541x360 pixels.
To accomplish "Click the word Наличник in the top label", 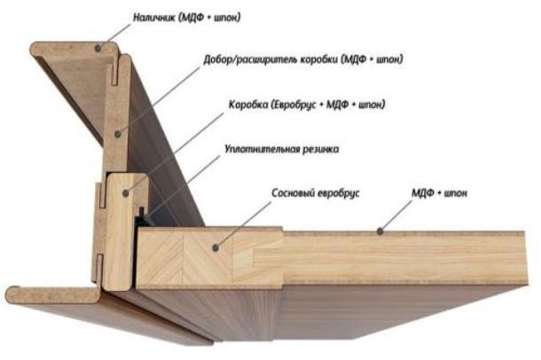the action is pos(154,18).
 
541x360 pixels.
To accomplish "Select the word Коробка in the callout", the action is pos(248,104).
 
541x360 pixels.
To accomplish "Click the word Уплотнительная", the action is pos(262,149).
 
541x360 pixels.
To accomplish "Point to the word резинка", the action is pos(320,150).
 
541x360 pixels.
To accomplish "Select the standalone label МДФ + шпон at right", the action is pos(439,192).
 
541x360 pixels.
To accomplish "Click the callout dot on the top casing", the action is pos(98,48).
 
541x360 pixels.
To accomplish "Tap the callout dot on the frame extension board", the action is pos(118,134).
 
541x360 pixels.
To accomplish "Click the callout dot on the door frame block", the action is pos(126,193).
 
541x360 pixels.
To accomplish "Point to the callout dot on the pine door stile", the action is pos(216,247).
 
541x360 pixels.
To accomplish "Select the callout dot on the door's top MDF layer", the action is pos(380,231).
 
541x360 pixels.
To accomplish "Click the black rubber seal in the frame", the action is pos(143,217).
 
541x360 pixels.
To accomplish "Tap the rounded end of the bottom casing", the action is pos(11,295).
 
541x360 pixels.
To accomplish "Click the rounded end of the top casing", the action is pos(35,49).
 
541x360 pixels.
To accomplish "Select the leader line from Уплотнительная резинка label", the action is pos(184,186).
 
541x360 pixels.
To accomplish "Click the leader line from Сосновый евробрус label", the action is pos(244,225).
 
